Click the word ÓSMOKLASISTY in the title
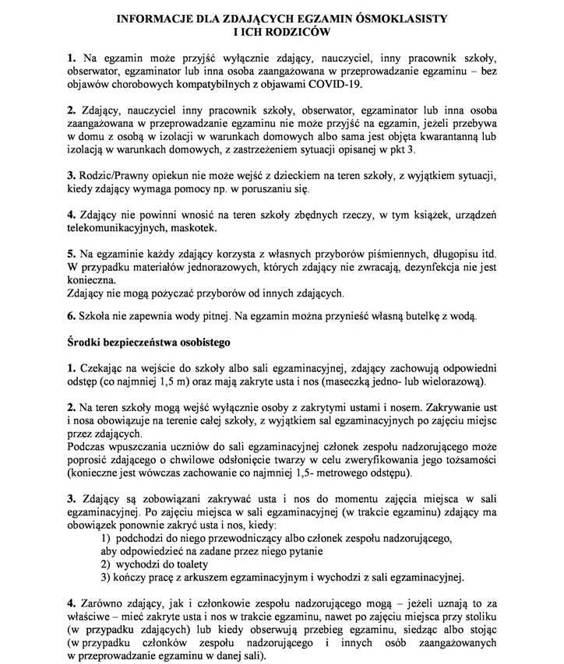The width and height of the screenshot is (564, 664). click(x=405, y=17)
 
